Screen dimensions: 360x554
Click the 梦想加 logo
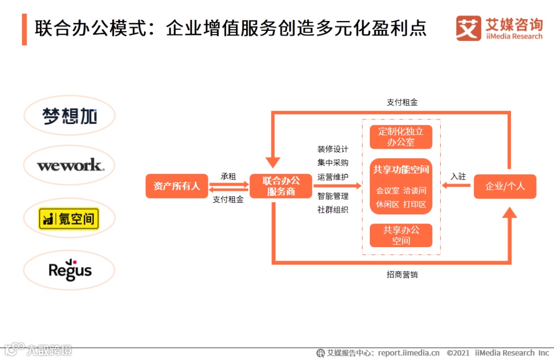pyautogui.click(x=69, y=116)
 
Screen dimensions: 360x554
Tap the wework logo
pyautogui.click(x=69, y=165)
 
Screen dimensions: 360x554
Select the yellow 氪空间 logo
pyautogui.click(x=69, y=219)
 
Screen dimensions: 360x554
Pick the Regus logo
pyautogui.click(x=69, y=270)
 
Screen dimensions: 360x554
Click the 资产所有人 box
pyautogui.click(x=177, y=186)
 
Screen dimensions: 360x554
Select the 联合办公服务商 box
pyautogui.click(x=281, y=186)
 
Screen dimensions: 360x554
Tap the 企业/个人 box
pyautogui.click(x=505, y=186)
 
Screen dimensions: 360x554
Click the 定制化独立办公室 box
pyautogui.click(x=401, y=136)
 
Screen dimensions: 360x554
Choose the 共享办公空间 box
pyautogui.click(x=401, y=235)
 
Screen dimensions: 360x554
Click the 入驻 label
pyautogui.click(x=458, y=176)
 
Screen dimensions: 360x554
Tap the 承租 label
pyautogui.click(x=228, y=176)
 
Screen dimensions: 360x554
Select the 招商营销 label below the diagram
pyautogui.click(x=402, y=274)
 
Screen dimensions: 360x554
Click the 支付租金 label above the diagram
pyautogui.click(x=402, y=102)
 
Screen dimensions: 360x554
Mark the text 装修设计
pyautogui.click(x=332, y=149)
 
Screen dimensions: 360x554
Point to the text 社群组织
pyautogui.click(x=332, y=209)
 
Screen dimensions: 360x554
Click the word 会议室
pyautogui.click(x=387, y=190)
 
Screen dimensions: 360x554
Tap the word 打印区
pyautogui.click(x=414, y=204)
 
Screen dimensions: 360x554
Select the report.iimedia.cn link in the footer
pyautogui.click(x=409, y=353)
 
